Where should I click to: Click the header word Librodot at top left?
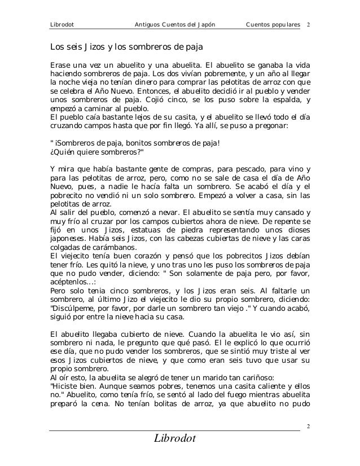coord(63,25)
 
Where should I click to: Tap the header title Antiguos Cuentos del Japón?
coord(176,25)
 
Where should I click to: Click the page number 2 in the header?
coord(309,25)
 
